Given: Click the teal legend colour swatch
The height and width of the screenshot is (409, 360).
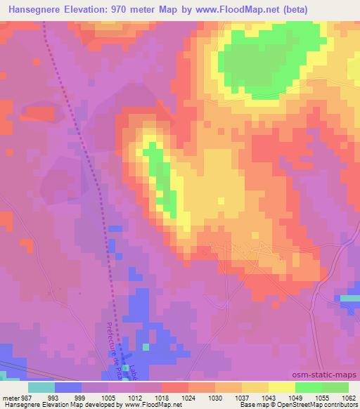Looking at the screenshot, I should click(41, 387).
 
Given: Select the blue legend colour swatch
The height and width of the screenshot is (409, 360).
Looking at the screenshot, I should click(67, 387).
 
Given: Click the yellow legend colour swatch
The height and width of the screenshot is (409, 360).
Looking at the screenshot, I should click(281, 387).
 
